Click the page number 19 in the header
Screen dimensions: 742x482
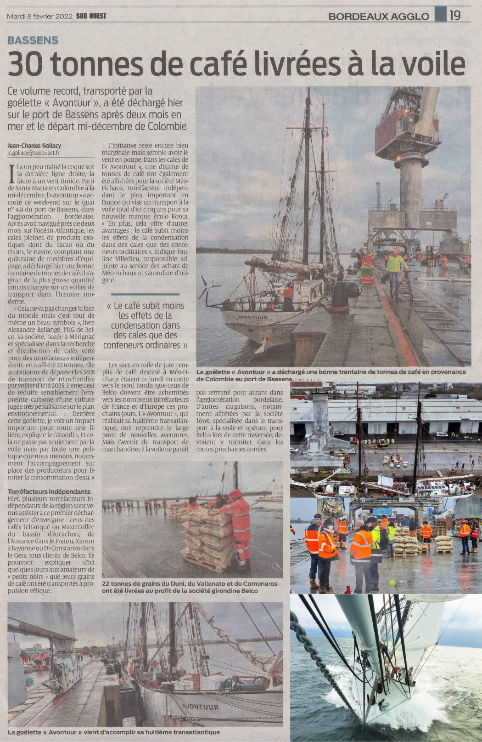click(455, 15)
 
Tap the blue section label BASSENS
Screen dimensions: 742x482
click(33, 40)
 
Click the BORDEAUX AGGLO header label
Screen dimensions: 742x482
click(379, 17)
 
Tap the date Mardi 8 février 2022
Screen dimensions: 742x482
click(40, 16)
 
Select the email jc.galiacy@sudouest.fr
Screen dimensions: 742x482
click(34, 153)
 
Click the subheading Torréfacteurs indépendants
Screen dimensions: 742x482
click(49, 491)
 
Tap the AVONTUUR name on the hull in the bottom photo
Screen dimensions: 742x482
click(201, 707)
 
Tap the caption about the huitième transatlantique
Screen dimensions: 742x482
click(114, 732)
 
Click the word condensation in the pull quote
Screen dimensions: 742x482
click(145, 325)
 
